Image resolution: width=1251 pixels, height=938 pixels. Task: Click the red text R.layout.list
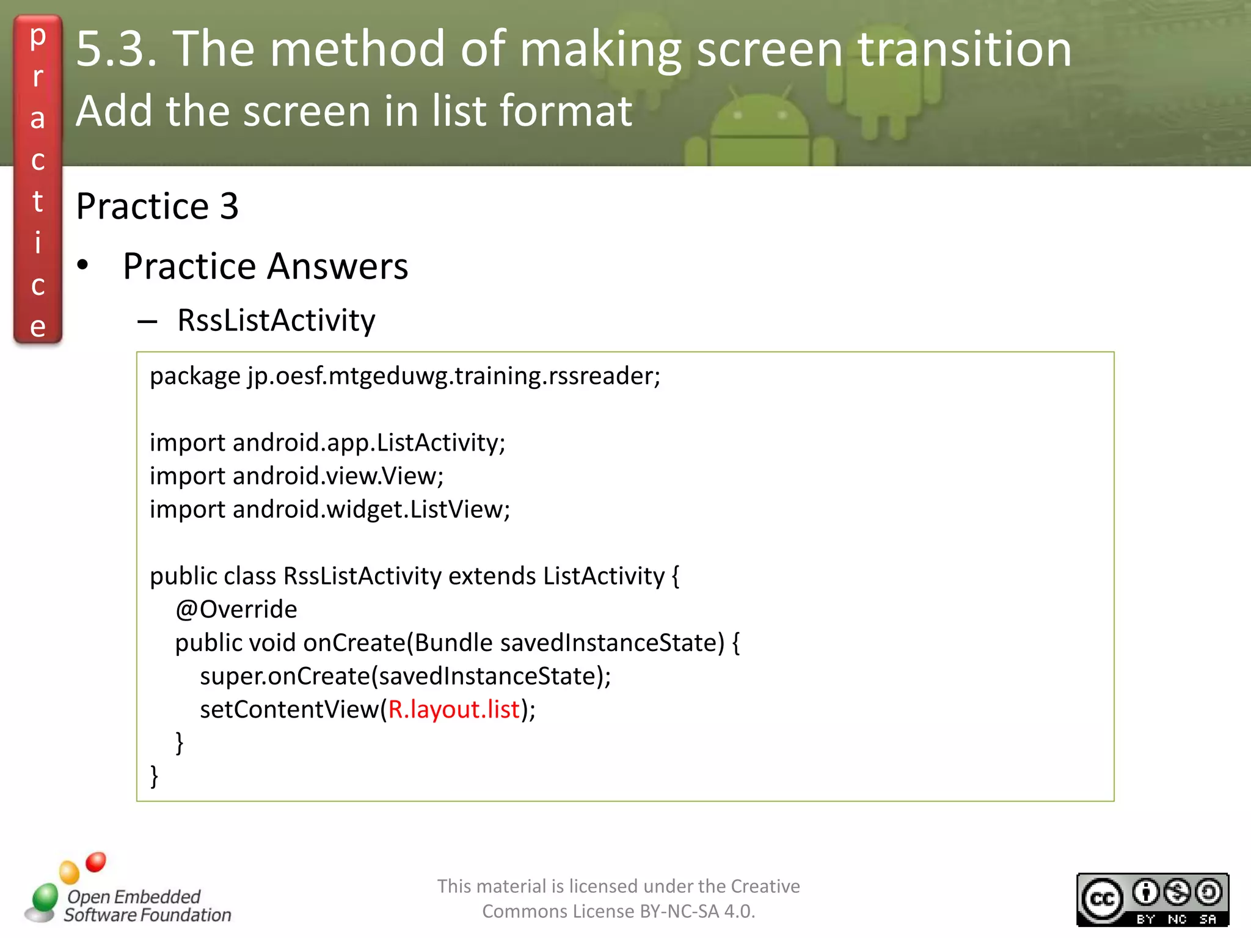coord(453,710)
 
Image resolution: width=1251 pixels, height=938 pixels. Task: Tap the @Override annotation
coord(236,609)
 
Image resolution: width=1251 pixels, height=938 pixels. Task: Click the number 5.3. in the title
coord(117,49)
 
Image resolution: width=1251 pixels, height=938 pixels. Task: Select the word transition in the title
coord(965,49)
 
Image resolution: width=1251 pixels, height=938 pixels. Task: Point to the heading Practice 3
coord(157,206)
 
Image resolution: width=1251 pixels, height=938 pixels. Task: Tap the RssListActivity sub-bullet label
coord(276,321)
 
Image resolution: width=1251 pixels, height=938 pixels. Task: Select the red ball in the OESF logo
coord(95,862)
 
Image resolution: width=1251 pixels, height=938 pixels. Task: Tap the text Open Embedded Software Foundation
coord(147,906)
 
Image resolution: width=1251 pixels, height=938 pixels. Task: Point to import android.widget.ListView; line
coord(329,509)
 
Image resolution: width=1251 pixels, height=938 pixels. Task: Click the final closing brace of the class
coord(155,776)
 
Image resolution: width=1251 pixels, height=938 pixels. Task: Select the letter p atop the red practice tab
coord(38,37)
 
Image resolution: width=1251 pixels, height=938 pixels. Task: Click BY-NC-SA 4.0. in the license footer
coord(697,911)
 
